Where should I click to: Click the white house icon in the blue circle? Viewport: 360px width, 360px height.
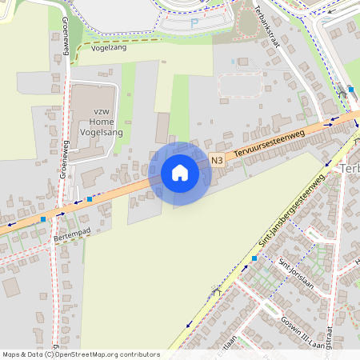(x=179, y=173)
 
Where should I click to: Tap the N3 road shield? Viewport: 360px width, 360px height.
(x=218, y=161)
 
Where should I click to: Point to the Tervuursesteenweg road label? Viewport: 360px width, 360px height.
(x=263, y=146)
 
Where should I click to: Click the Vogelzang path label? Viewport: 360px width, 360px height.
(x=110, y=48)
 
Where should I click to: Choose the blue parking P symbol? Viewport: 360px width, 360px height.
(x=194, y=23)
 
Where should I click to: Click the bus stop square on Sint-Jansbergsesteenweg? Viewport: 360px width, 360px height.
(x=254, y=258)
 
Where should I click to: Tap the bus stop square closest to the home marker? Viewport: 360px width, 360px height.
(x=89, y=198)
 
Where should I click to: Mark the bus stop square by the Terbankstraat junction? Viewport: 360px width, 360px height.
(x=350, y=90)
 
